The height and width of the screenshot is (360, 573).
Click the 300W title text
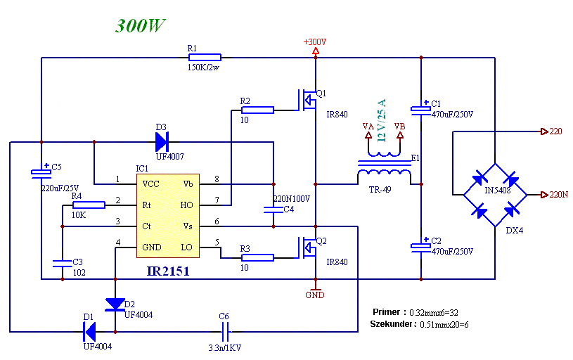coord(141,25)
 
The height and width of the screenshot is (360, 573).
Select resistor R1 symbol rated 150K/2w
coord(205,58)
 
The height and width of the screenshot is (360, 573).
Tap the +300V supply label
coord(315,42)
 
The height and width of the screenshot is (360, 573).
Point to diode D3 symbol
coord(162,142)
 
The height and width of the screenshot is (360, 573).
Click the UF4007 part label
coord(170,157)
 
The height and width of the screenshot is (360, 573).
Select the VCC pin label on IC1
coord(150,184)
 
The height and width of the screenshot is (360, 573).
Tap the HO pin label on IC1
coord(186,205)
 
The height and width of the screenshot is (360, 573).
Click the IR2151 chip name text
coord(168,271)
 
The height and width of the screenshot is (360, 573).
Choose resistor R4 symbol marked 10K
coord(89,205)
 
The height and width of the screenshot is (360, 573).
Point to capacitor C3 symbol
coord(63,264)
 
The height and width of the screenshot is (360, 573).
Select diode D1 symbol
coord(89,331)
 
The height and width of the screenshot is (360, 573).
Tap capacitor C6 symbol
coord(226,331)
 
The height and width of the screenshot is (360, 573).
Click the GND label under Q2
coord(315,295)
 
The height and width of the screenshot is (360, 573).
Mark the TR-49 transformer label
coord(380,190)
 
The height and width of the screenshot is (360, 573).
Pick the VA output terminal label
coord(368,127)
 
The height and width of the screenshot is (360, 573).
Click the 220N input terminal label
coord(559,195)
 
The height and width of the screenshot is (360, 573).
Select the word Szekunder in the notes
coord(392,324)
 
